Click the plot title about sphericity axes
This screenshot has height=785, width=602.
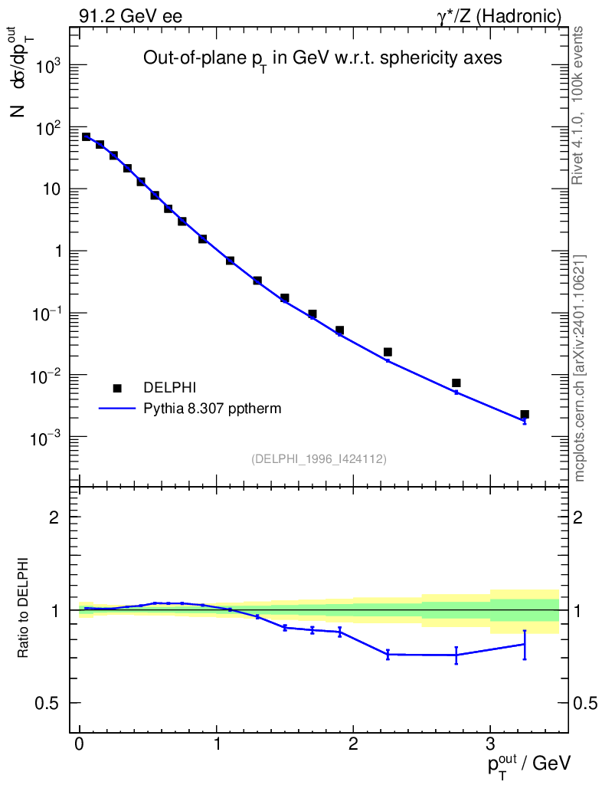(x=322, y=61)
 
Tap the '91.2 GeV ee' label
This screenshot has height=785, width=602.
(x=130, y=16)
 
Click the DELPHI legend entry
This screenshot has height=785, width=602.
(x=175, y=388)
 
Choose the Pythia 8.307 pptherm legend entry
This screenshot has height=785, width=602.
(x=212, y=409)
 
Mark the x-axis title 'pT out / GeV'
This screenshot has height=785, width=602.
(x=528, y=762)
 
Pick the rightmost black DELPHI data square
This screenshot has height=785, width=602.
(x=525, y=414)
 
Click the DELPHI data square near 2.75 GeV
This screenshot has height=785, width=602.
(x=456, y=383)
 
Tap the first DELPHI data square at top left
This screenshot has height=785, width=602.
(x=87, y=137)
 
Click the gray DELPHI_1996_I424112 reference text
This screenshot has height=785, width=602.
(x=319, y=459)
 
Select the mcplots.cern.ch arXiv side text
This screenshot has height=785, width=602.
(x=580, y=368)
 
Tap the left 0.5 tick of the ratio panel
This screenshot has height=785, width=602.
(x=56, y=703)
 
